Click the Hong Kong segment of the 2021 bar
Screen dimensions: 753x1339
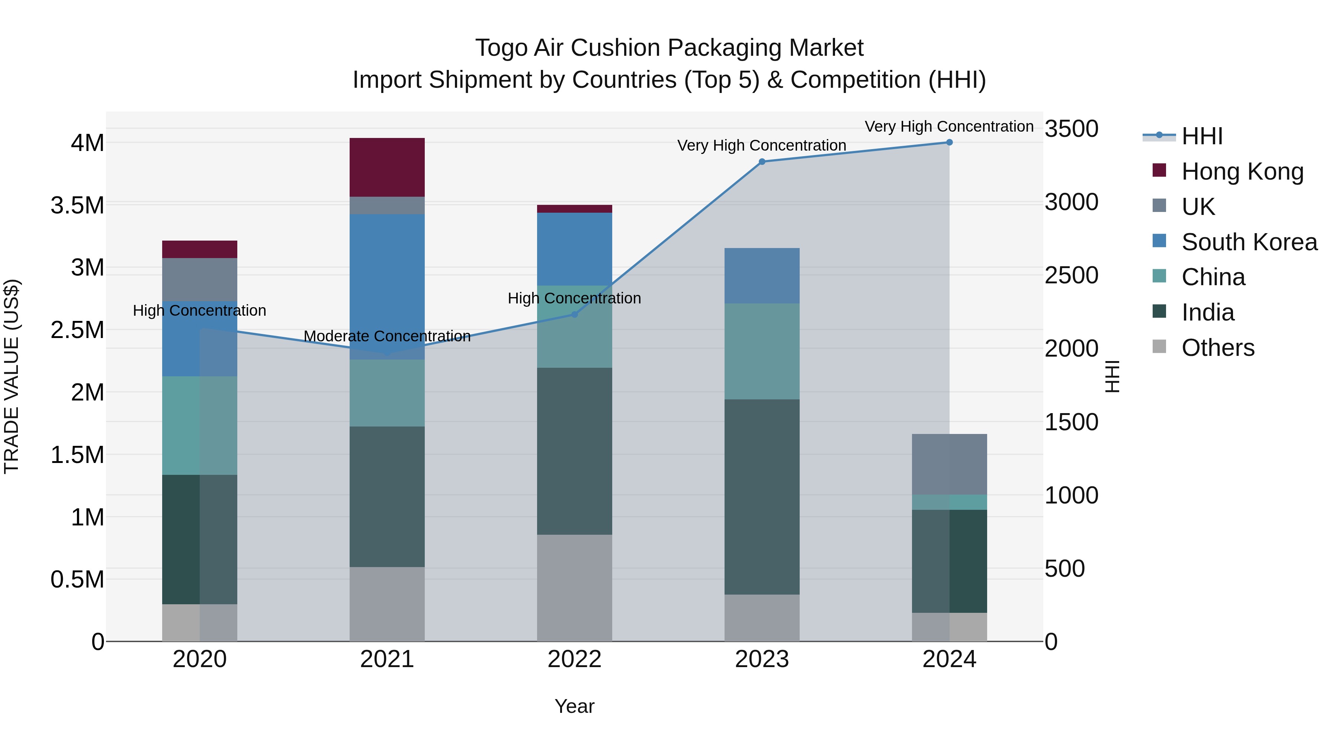pyautogui.click(x=387, y=167)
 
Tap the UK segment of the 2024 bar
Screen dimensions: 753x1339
pyautogui.click(x=949, y=464)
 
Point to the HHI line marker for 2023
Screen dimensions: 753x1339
pyautogui.click(x=762, y=162)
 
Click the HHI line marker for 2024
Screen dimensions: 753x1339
pyautogui.click(x=949, y=142)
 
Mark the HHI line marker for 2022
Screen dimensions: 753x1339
pyautogui.click(x=574, y=314)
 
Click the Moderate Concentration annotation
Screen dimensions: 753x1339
pyautogui.click(x=387, y=336)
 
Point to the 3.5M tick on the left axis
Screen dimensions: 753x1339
pyautogui.click(x=77, y=205)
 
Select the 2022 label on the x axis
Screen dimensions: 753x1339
pyautogui.click(x=574, y=659)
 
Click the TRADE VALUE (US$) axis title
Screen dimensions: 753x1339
pyautogui.click(x=12, y=376)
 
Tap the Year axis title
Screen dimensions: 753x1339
pyautogui.click(x=574, y=706)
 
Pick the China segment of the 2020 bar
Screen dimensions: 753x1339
pyautogui.click(x=200, y=425)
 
